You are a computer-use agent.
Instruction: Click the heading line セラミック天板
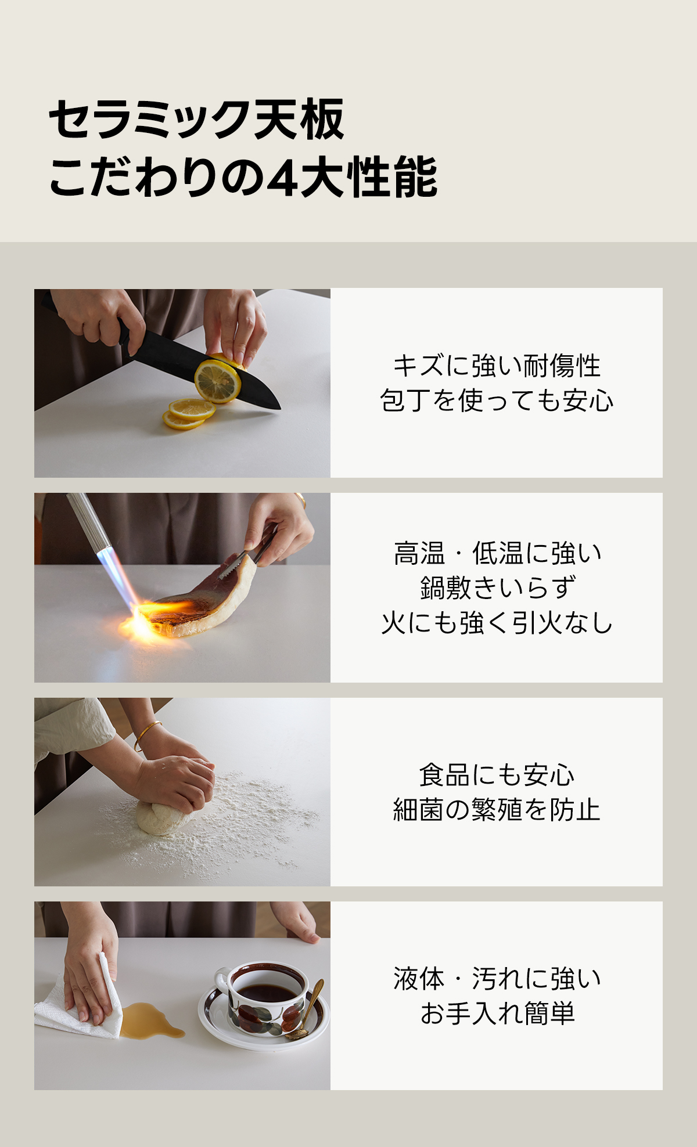[x=197, y=120]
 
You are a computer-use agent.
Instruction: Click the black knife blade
[x=203, y=371]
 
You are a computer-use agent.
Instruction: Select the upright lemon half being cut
[x=218, y=381]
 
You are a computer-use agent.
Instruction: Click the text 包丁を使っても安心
[x=497, y=401]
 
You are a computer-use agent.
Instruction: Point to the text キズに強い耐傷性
[x=497, y=366]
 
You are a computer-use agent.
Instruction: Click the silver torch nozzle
[x=88, y=522]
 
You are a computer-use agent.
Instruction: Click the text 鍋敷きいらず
[x=497, y=588]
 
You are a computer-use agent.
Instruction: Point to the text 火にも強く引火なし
[x=497, y=623]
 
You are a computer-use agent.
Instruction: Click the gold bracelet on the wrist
[x=147, y=734]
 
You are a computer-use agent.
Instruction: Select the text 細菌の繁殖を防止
[x=497, y=810]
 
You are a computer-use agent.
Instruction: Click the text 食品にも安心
[x=497, y=775]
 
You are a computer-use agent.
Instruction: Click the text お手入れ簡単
[x=497, y=1013]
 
